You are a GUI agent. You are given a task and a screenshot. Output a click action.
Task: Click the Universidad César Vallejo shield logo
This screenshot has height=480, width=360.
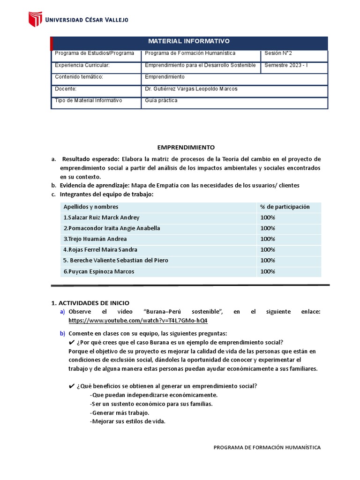(36, 19)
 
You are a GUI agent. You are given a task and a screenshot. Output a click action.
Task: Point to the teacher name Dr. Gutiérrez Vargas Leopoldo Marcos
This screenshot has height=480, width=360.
(191, 89)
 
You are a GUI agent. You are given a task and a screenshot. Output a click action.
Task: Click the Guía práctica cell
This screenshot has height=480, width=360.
(161, 100)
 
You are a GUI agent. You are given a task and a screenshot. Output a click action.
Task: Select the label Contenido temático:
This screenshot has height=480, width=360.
(79, 77)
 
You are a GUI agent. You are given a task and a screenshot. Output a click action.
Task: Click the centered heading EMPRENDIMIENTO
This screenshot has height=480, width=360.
(186, 147)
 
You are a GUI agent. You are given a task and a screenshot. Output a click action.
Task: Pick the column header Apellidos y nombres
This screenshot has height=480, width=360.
(91, 207)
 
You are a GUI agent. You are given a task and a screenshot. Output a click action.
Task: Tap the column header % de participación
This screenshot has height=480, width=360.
(285, 207)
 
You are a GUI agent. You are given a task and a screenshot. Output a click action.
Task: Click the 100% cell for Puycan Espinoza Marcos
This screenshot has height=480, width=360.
(268, 271)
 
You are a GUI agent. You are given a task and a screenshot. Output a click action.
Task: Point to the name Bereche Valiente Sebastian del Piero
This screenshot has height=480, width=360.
(116, 260)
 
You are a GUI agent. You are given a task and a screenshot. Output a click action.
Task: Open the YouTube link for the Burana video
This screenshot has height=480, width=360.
(138, 321)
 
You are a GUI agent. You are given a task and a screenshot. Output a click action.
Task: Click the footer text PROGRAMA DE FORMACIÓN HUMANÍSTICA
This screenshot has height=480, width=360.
(267, 448)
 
